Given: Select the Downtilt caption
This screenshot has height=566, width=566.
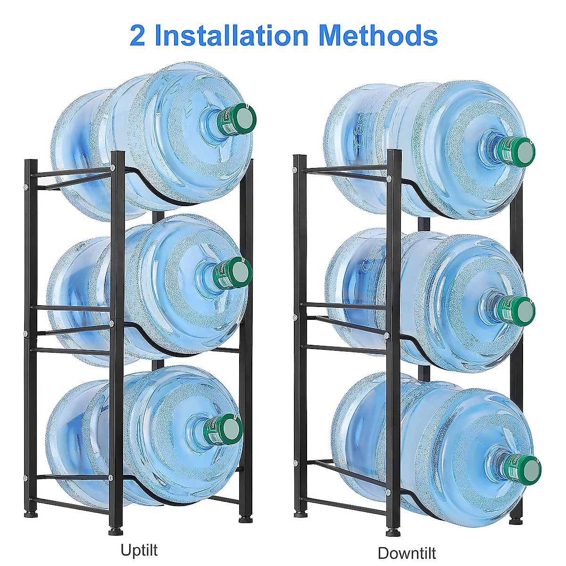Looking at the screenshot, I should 407,540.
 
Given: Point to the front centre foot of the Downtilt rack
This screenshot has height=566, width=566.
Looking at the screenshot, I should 391,532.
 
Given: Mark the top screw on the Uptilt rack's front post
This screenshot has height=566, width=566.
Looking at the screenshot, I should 113,168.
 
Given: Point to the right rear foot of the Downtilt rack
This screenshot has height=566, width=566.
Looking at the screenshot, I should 516,521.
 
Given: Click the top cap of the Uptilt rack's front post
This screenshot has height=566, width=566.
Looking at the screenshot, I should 117,153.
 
